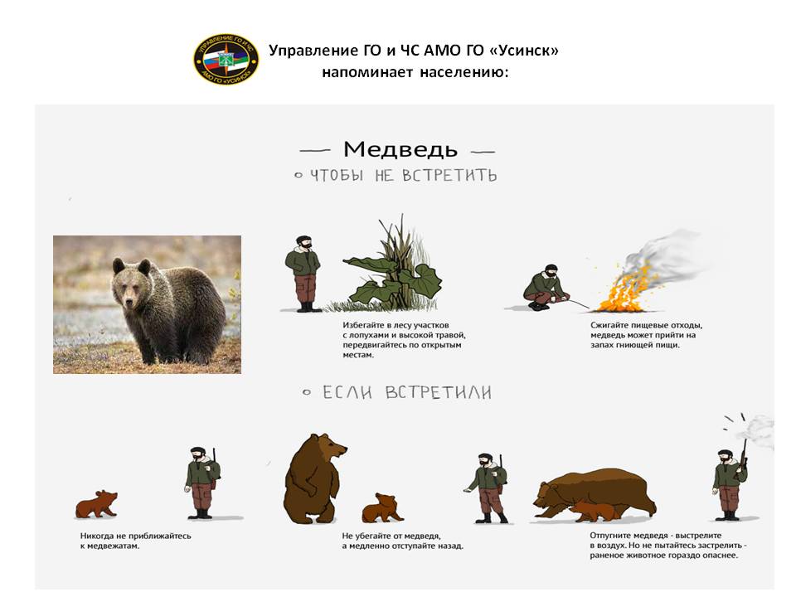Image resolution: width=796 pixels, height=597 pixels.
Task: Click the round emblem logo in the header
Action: click(226, 60)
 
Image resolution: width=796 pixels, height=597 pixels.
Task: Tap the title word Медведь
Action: click(400, 149)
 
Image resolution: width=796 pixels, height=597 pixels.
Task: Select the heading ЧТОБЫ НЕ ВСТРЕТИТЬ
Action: click(404, 175)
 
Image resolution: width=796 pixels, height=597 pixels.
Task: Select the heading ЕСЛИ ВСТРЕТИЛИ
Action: click(407, 392)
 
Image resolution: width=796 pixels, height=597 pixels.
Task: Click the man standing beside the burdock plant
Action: click(303, 274)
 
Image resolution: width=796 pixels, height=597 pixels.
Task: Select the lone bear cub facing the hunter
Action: click(96, 504)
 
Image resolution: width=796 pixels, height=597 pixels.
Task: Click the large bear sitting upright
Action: click(313, 478)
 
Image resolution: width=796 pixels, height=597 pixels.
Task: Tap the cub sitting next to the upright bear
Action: click(381, 507)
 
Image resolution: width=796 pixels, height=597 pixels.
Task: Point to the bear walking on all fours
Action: click(594, 495)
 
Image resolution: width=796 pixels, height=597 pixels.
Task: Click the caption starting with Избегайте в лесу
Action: click(404, 340)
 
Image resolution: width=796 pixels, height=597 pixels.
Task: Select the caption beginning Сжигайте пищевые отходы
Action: click(646, 335)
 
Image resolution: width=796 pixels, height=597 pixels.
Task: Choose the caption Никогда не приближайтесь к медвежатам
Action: click(135, 541)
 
